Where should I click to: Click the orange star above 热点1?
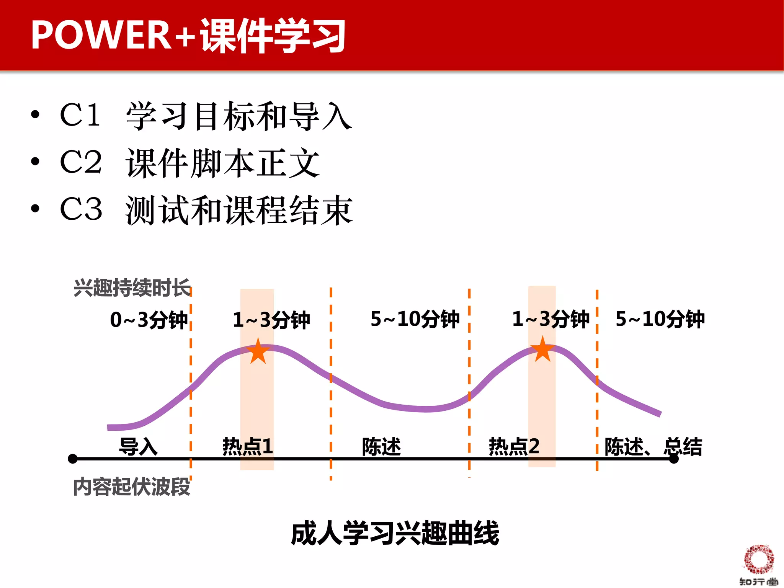(x=258, y=351)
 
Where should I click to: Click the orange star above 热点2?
(x=542, y=350)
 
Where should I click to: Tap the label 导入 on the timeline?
(x=138, y=446)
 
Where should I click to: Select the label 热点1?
(x=248, y=446)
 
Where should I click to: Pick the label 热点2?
(x=514, y=446)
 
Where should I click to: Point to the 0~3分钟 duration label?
(x=149, y=320)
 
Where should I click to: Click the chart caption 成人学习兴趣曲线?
(x=395, y=533)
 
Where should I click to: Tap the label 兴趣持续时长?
(x=132, y=288)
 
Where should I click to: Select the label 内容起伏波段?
(x=132, y=487)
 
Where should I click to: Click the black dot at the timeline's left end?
(x=73, y=459)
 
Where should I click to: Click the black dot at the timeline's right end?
(x=674, y=459)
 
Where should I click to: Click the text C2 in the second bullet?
(x=81, y=162)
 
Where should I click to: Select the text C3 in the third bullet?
(x=81, y=209)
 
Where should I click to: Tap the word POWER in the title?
(x=101, y=35)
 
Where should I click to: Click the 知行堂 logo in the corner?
(x=759, y=565)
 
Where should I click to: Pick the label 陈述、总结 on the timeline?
(x=653, y=446)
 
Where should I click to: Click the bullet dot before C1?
(x=35, y=114)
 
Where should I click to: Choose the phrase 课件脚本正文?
(x=222, y=163)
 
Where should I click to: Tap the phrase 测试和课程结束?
(x=239, y=210)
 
